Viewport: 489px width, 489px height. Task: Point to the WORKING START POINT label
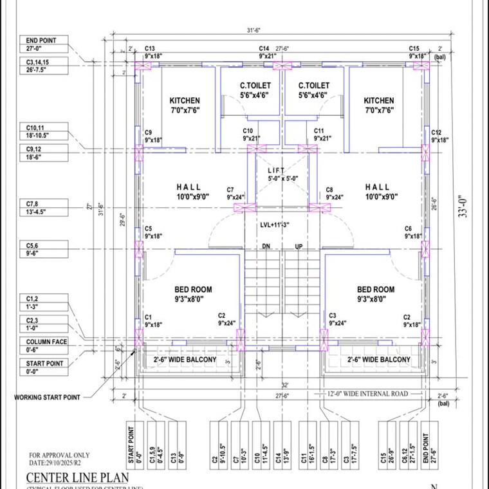tap(48, 397)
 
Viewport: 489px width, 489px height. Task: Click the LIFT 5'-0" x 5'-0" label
tap(283, 174)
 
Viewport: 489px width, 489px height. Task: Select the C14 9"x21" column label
tap(267, 53)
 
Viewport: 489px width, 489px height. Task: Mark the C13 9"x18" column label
tap(153, 53)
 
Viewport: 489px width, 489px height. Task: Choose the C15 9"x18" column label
tap(418, 53)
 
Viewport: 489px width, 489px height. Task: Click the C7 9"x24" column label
tap(235, 193)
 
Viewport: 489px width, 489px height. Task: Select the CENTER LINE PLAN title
tap(77, 477)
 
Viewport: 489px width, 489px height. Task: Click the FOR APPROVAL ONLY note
tap(58, 455)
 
